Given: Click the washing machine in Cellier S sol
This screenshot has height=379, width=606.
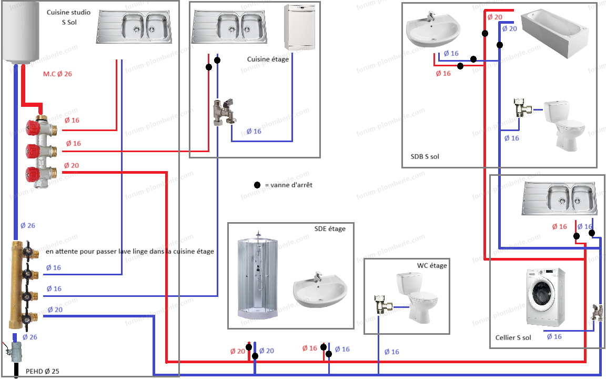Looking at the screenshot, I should (546, 298).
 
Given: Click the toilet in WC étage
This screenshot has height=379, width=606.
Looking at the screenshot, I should (418, 297).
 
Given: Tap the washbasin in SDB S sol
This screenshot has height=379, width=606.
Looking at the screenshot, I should (432, 30).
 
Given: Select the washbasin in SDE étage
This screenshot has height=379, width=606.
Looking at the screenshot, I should (320, 291).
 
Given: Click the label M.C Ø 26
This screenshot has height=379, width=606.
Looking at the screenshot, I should (57, 74).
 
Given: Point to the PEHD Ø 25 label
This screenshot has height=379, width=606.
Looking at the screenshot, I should (42, 372).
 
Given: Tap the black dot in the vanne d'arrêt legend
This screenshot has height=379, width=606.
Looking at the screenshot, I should (257, 185).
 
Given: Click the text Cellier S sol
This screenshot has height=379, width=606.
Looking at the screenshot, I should (513, 337).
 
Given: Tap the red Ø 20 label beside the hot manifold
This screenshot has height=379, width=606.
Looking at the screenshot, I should (71, 165).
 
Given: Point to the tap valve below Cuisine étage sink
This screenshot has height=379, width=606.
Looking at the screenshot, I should (224, 112).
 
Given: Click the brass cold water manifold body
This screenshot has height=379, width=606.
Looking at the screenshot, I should (15, 284).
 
